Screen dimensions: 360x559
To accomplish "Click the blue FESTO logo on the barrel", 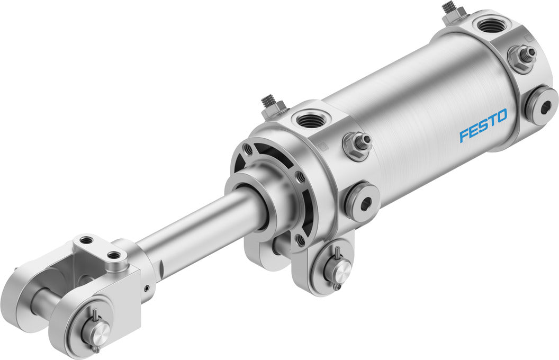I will [483, 125].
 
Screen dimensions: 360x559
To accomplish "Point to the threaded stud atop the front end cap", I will [269, 103].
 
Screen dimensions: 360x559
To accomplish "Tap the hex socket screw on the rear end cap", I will [541, 105].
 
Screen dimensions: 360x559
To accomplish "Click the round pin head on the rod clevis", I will [97, 331].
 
